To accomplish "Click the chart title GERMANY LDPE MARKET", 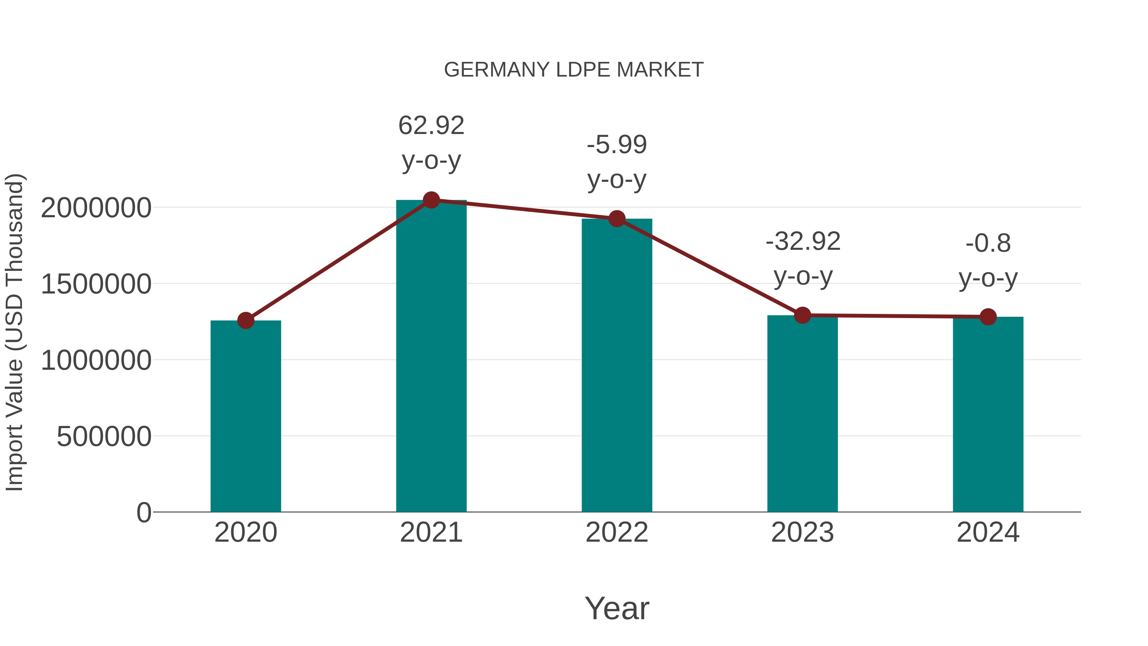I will [x=574, y=70].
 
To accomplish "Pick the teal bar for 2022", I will [x=617, y=365].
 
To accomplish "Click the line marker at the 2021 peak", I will [x=431, y=200].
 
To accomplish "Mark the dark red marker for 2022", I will [x=617, y=219].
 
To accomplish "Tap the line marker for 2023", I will [x=802, y=315].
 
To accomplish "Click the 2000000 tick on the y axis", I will [x=96, y=208].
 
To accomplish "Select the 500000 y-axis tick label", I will [x=104, y=436].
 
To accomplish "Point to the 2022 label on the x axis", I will [x=617, y=532].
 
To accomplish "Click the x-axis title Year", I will [x=617, y=608].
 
